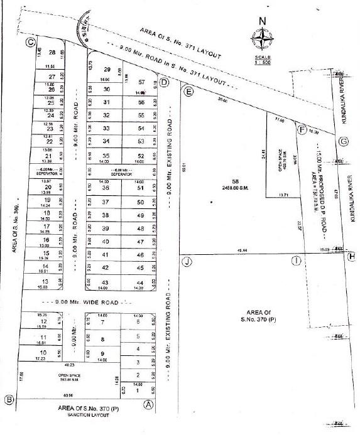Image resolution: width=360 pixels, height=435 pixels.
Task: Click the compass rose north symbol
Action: pyautogui.click(x=262, y=37)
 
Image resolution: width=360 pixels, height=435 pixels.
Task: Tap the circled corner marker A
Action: pyautogui.click(x=149, y=404)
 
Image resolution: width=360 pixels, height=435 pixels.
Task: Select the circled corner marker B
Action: pyautogui.click(x=9, y=399)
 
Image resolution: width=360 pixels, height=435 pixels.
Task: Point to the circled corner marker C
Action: pyautogui.click(x=30, y=42)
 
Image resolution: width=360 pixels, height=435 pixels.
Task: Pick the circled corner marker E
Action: pyautogui.click(x=188, y=91)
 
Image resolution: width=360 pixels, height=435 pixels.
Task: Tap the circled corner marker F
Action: pyautogui.click(x=301, y=130)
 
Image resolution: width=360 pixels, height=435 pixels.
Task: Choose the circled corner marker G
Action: pyautogui.click(x=343, y=141)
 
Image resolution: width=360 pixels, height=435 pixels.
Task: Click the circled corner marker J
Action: pyautogui.click(x=186, y=260)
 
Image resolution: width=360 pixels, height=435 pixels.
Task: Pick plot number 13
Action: pyautogui.click(x=45, y=282)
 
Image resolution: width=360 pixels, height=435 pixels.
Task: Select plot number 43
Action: pyautogui.click(x=106, y=283)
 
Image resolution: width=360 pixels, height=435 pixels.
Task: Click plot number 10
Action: pyautogui.click(x=43, y=353)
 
